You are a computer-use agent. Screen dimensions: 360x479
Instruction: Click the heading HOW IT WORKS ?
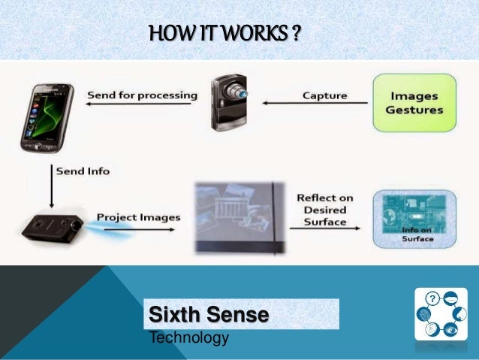pos(224,34)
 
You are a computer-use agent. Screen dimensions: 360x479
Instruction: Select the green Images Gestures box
pos(414,103)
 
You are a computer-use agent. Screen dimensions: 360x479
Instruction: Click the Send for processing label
pos(142,95)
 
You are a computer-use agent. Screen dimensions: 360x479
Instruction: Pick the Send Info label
pos(83,171)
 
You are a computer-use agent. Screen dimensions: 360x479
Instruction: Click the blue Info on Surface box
pos(414,218)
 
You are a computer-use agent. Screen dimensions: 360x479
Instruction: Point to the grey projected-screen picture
pos(239,218)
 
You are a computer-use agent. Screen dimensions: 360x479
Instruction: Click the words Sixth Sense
pos(209,314)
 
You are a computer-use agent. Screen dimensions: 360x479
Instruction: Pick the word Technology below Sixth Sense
pos(189,338)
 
